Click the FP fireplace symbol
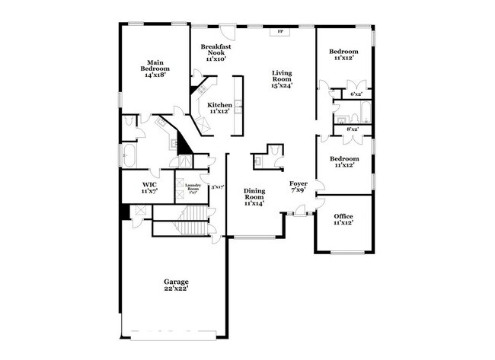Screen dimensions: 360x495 [x=280, y=32]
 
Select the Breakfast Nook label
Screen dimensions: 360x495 [x=216, y=53]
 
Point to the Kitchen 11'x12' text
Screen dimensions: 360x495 [x=220, y=108]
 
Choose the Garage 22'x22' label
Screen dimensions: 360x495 [x=175, y=286]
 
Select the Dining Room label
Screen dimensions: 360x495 [x=254, y=197]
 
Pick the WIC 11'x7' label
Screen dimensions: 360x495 [x=149, y=187]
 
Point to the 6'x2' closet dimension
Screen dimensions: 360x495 [x=356, y=94]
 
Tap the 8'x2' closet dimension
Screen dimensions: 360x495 [x=353, y=129]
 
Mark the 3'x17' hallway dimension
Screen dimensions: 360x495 [x=218, y=187]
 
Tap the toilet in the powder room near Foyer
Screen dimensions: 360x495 [x=258, y=161]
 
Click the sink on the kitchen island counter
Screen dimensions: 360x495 [x=238, y=106]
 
